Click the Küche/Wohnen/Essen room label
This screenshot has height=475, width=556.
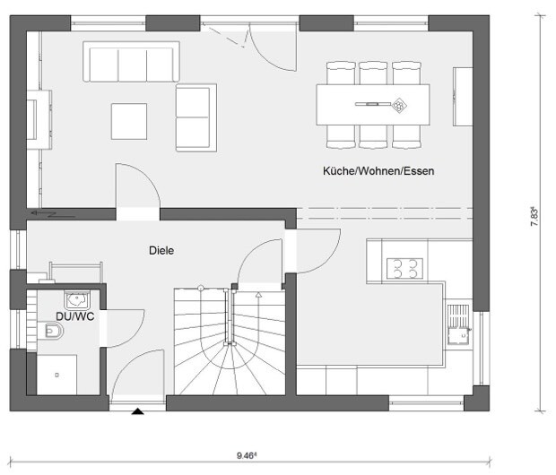pos(378,171)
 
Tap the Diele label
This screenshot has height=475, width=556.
pos(161,251)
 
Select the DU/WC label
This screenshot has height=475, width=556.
pos(75,316)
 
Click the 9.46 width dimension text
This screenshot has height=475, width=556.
pos(247,455)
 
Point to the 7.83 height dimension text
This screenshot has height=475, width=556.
pos(534,216)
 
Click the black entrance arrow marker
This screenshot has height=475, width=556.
pos(137,411)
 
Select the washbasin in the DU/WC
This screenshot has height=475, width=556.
pos(77,300)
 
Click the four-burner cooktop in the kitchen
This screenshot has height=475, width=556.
pos(404,268)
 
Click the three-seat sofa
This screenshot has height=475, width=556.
pos(131,62)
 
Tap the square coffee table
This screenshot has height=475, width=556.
pos(129,121)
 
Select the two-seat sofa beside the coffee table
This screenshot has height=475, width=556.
pos(196,117)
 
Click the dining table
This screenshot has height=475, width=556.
pos(373,105)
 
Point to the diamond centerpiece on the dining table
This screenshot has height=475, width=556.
pos(399,105)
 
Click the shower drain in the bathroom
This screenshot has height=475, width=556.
pos(57,375)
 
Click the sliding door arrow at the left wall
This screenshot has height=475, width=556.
pos(53,213)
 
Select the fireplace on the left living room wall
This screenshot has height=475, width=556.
pos(39,120)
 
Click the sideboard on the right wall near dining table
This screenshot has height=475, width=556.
pos(463,97)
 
